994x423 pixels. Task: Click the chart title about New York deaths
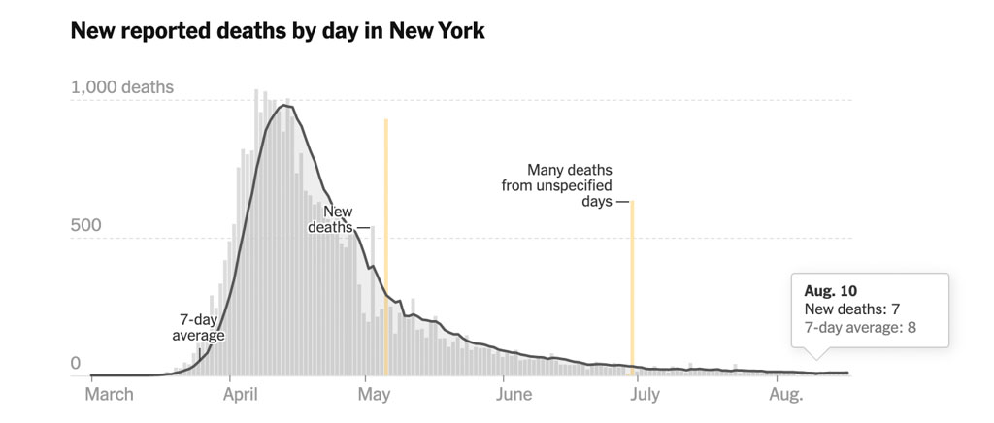click(x=278, y=30)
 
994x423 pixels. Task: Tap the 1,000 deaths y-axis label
click(x=122, y=87)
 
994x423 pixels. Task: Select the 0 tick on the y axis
click(x=75, y=364)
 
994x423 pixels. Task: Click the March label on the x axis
click(x=110, y=394)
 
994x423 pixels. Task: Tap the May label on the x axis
click(x=374, y=394)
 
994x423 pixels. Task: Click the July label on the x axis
click(x=644, y=394)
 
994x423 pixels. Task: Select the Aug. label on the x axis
click(x=785, y=394)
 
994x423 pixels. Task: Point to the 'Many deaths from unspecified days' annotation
click(x=557, y=185)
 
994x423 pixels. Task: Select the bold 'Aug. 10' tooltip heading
click(x=831, y=290)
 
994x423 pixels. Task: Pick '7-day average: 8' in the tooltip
click(x=861, y=328)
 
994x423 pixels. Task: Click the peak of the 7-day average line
click(x=285, y=106)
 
